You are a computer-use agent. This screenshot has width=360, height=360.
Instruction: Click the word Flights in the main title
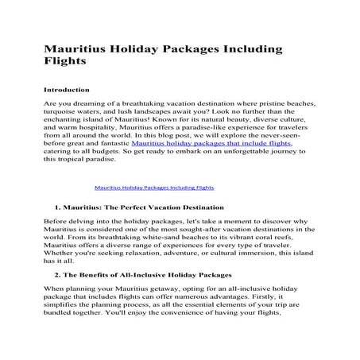pos(66,60)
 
